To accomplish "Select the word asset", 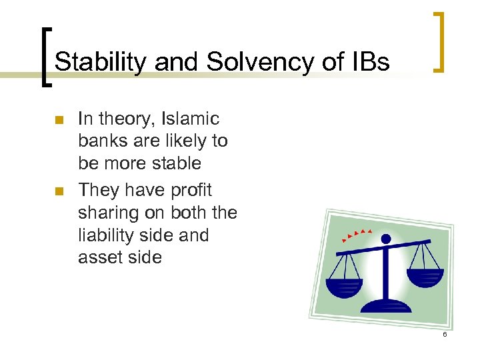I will click(x=99, y=258).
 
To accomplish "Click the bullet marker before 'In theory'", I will click(x=58, y=121).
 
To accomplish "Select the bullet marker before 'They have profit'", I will click(x=58, y=191).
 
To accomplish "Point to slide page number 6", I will click(x=444, y=333).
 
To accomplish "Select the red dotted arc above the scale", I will click(x=355, y=233).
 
